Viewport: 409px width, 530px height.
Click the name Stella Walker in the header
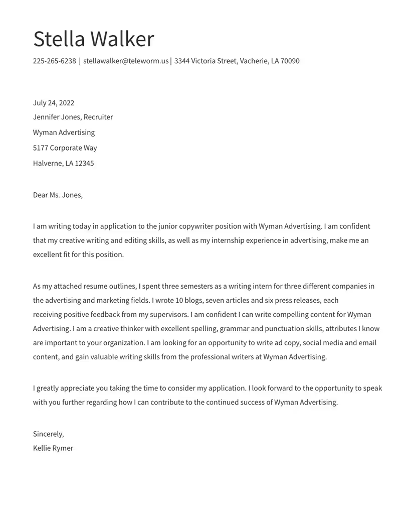93,39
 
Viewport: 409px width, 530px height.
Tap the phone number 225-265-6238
54,61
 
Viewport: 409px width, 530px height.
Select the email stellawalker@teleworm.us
126,61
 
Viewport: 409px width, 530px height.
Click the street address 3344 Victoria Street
206,61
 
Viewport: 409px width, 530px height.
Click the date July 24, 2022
54,103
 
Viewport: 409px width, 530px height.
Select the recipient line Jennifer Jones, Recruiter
73,117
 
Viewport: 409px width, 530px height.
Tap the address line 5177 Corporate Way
65,148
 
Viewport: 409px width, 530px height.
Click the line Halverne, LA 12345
63,163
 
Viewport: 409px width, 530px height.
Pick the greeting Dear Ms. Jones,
58,195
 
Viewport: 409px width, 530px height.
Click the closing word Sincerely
48,434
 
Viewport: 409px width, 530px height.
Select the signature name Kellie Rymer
53,448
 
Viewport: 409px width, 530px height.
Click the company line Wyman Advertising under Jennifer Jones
64,132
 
